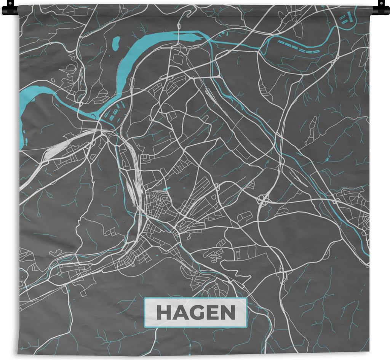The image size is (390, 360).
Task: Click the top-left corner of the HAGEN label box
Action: click(145, 299)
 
